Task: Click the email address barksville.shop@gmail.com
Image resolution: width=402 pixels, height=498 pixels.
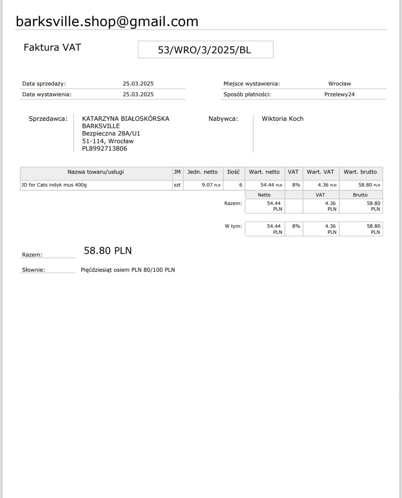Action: [107, 22]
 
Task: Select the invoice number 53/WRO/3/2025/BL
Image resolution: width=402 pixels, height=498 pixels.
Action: [205, 50]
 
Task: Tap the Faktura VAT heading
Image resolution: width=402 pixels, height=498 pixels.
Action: [52, 47]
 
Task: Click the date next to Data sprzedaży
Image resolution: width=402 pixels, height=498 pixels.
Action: [138, 83]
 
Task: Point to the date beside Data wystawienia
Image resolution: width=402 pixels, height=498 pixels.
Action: [138, 94]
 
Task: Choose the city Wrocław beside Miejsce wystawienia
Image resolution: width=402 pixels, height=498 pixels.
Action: [339, 83]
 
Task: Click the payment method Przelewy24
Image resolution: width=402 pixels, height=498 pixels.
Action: [339, 94]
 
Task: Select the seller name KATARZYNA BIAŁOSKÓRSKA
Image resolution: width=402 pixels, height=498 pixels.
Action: [125, 119]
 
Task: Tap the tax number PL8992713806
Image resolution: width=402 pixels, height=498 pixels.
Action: [105, 148]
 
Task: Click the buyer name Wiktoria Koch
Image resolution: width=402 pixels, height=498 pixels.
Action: [283, 119]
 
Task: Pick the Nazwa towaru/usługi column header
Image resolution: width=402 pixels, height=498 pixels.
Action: [96, 172]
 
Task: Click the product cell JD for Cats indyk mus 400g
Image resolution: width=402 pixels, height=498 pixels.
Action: [54, 185]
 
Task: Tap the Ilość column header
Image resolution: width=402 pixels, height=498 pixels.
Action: [233, 172]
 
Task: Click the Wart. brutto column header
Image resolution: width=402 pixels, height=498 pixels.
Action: [360, 172]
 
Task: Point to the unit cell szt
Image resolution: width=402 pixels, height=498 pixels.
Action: [177, 185]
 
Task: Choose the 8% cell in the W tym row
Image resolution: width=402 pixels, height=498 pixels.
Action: [296, 226]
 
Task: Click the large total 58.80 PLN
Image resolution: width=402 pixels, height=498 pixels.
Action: [108, 250]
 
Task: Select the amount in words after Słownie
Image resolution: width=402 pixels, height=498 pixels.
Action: [128, 270]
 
